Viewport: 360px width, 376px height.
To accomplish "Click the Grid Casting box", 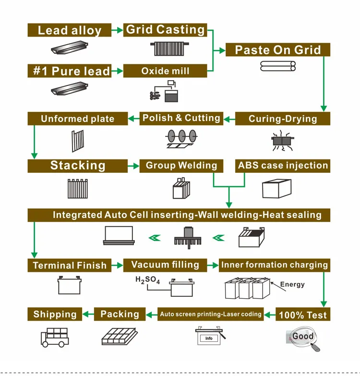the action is (165, 30).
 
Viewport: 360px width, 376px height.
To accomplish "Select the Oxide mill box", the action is (165, 71).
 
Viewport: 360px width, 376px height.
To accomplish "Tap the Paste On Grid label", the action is (278, 50).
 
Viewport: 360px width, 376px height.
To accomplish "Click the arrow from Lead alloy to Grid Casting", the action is (117, 30).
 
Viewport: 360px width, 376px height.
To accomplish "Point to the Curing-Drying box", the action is (283, 119).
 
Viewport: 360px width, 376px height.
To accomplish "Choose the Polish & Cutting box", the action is (181, 119).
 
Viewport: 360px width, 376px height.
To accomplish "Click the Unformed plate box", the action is (78, 119).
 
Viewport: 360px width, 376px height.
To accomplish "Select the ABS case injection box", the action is (283, 166).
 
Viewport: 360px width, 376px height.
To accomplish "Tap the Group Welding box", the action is (181, 166).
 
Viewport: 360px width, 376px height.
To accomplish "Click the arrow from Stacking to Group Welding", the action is (133, 166).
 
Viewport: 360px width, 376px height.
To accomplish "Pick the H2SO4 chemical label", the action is (148, 280).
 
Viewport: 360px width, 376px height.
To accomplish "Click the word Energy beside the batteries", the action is (292, 284).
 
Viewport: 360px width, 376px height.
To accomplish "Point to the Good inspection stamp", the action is (303, 336).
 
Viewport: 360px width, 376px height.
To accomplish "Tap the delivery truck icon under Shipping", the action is (55, 338).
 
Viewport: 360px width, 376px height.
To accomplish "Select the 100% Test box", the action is (303, 314).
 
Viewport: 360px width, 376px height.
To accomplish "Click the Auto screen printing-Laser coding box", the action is (210, 314).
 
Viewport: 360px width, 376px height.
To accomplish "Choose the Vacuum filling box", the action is (165, 265).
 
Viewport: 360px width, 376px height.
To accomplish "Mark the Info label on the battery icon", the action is (209, 338).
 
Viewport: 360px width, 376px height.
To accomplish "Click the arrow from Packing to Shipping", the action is (88, 314).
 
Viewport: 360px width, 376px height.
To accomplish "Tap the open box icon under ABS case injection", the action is (277, 188).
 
